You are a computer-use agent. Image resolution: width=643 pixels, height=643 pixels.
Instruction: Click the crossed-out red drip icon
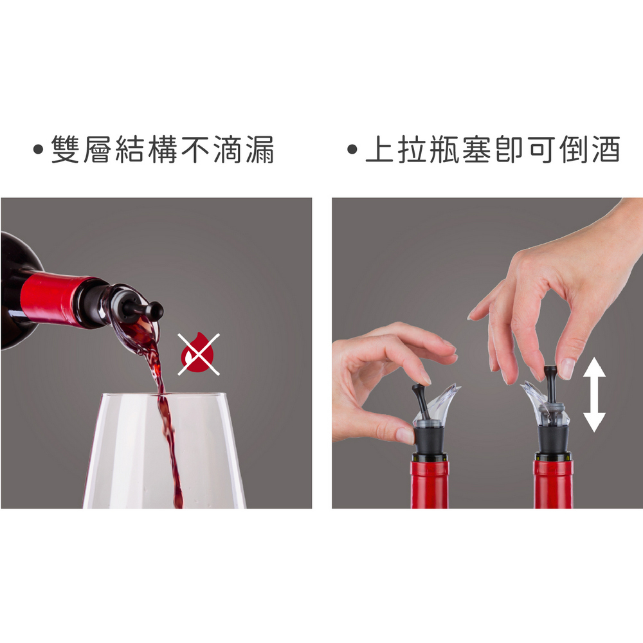coord(199,354)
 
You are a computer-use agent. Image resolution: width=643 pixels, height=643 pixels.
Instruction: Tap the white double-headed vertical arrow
coord(594,395)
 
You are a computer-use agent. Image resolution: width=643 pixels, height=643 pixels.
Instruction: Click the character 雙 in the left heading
coord(65,149)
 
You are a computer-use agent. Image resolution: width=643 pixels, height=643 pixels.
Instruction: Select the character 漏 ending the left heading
coord(260,149)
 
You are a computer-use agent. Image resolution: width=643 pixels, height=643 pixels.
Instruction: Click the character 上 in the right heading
coord(379,149)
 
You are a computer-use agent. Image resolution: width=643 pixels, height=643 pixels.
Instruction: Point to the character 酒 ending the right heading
coord(606,149)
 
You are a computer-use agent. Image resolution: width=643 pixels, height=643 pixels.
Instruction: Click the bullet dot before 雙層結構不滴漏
coord(38,149)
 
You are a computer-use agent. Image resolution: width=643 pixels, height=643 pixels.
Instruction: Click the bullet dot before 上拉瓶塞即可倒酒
coord(352,149)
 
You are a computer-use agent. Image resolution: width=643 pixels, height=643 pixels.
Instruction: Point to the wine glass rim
coord(163,395)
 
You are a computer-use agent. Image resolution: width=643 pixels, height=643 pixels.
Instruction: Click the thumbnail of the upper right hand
coord(566,368)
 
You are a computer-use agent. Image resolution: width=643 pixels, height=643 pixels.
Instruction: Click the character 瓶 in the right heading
coord(444,149)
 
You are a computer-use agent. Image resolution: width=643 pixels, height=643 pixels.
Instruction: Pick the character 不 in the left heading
coord(195,149)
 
